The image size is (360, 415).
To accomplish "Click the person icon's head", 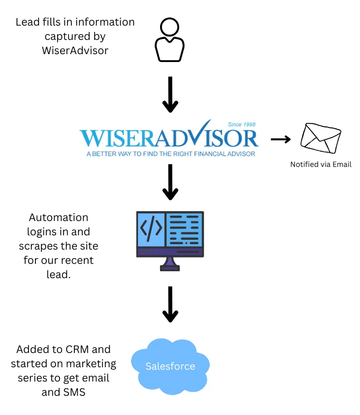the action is (x=170, y=27).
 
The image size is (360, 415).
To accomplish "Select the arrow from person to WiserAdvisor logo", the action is (x=170, y=95).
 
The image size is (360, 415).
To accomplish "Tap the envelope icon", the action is (x=321, y=138).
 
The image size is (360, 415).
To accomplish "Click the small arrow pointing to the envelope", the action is (x=281, y=139).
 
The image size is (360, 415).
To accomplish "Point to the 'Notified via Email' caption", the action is (x=321, y=164).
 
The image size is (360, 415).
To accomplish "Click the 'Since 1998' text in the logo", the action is (x=242, y=125).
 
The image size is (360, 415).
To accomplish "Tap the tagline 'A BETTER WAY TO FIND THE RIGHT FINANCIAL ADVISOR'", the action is (x=171, y=154).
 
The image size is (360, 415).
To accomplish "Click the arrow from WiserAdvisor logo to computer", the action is (x=170, y=182).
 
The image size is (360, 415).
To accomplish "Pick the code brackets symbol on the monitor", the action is (x=151, y=228).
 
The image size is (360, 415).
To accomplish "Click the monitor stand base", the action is (x=170, y=268).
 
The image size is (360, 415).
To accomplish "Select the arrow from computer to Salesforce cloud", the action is (x=170, y=304).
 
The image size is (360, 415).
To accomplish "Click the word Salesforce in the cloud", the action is (x=170, y=366).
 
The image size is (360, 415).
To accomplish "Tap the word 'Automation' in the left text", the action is (x=59, y=218).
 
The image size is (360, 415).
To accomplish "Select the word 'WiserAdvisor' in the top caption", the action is (x=75, y=51).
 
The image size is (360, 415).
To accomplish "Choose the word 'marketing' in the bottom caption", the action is (x=91, y=364).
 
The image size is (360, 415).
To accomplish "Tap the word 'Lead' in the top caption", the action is (x=25, y=22).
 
